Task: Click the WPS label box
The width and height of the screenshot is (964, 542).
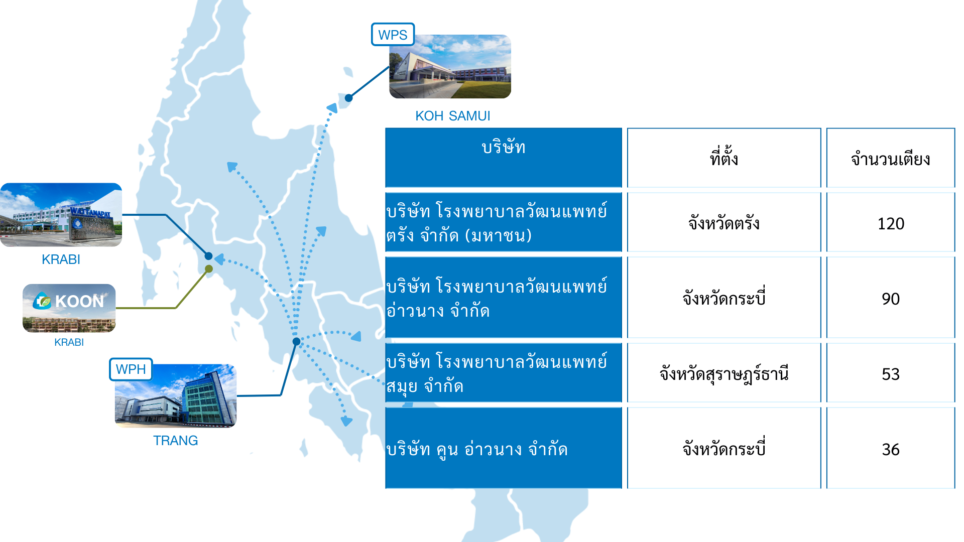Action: pos(393,35)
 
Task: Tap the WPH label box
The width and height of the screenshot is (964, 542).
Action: pos(131,369)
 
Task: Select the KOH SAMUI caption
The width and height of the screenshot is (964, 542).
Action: pos(452,116)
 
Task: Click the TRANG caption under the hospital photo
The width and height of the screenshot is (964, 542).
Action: pos(175,441)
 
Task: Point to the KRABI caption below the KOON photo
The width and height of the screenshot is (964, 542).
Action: pos(69,342)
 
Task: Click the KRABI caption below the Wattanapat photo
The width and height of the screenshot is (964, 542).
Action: pos(61,259)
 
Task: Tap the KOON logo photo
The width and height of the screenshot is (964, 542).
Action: pos(69,308)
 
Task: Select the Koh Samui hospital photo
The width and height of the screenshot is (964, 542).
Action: pos(450,66)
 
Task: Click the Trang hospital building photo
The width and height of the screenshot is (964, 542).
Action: pos(176,396)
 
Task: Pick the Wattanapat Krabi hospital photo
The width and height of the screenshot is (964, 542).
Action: pos(61,215)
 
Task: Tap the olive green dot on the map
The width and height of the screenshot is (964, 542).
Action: pos(209,269)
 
